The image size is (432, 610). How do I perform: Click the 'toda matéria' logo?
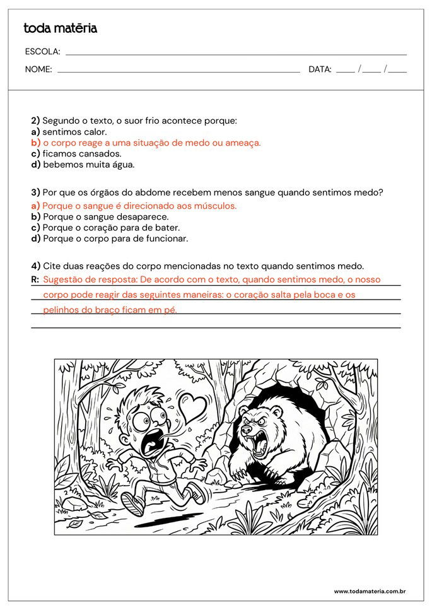coord(60,28)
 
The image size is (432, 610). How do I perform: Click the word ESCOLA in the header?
coord(42,52)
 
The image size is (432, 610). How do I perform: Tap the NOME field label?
coord(38,69)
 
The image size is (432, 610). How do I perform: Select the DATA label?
coord(320,69)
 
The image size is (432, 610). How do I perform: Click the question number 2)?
coord(35,120)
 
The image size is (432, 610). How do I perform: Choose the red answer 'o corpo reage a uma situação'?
coord(151,143)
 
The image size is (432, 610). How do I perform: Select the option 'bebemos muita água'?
coord(88,165)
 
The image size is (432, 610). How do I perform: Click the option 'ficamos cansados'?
coord(81,154)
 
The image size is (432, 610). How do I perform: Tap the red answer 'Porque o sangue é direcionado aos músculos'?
coord(139,206)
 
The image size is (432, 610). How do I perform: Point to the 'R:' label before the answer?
coord(35,279)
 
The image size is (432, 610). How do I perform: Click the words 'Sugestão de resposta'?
coord(89,279)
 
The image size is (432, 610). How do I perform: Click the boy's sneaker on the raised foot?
coord(132,503)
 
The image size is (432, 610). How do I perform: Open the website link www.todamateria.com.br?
coord(369,591)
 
